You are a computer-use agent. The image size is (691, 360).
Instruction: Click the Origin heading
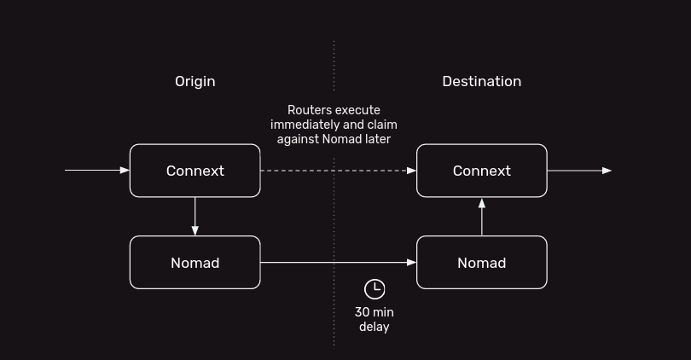click(195, 81)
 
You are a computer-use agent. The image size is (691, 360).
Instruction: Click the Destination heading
click(481, 81)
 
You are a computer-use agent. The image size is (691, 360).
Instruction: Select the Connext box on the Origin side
click(195, 171)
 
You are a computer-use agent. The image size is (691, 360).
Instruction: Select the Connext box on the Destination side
click(481, 171)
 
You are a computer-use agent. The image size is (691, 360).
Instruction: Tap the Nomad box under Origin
click(195, 263)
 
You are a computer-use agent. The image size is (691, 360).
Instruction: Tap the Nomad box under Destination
click(481, 263)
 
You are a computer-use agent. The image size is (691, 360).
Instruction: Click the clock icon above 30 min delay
click(375, 288)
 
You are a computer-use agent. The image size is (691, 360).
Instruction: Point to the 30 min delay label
click(375, 319)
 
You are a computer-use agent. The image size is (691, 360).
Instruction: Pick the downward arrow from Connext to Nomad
click(195, 217)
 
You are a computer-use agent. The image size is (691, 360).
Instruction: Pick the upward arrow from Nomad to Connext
click(482, 217)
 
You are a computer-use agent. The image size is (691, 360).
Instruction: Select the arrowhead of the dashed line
click(411, 171)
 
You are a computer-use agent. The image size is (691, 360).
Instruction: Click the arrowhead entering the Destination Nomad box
click(411, 263)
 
